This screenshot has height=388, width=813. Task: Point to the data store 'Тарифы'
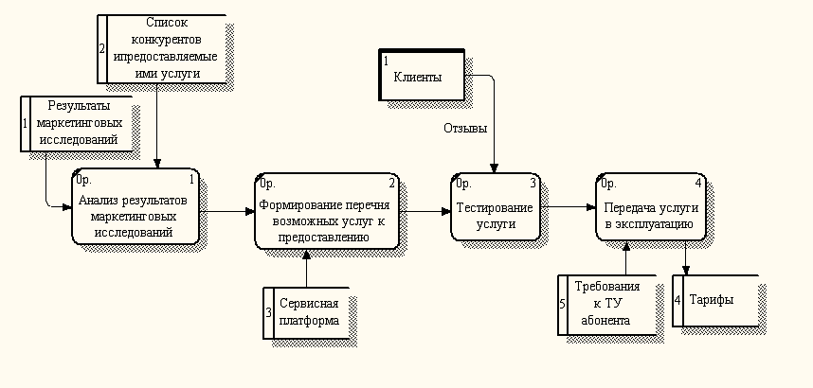(718, 300)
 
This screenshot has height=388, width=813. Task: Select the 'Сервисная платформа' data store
(309, 312)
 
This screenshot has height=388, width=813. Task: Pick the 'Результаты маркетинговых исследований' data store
(81, 123)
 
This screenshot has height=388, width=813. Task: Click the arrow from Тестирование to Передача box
(569, 207)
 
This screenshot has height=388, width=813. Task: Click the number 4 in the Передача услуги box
(698, 183)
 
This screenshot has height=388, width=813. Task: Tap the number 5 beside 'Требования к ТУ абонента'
(563, 304)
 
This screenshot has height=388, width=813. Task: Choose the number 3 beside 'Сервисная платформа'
(268, 311)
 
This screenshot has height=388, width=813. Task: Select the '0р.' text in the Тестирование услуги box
(463, 184)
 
